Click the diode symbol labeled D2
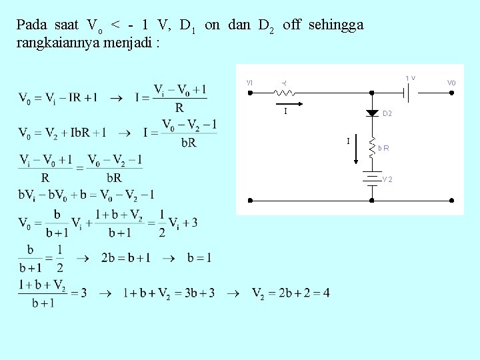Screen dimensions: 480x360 coord(372,113)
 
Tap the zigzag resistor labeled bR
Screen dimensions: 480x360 coord(372,147)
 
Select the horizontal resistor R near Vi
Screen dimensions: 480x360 coord(285,93)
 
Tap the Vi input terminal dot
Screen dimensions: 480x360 coord(249,93)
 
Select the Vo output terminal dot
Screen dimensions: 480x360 coord(452,93)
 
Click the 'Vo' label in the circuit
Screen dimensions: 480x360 coord(451,83)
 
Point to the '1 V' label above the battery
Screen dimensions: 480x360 coord(411,79)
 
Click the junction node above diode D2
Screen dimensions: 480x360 coord(372,93)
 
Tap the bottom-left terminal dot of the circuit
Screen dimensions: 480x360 coord(249,200)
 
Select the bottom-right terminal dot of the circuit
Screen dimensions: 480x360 coord(452,200)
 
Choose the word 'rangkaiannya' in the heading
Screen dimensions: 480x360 coord(51,43)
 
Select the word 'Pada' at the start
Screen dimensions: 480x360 coord(31,25)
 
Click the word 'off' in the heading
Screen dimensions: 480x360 coord(291,25)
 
